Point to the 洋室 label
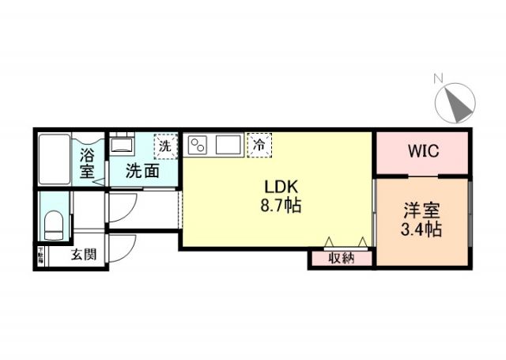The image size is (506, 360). pos(421,212)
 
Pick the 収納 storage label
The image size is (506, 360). pos(341,257)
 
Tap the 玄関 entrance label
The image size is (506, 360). pos(82,255)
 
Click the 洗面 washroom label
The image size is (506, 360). pos(143,170)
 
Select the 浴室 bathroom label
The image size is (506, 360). pos(87,161)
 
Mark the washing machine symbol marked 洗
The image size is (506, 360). pos(164,146)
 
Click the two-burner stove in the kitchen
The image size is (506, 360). pos(198,145)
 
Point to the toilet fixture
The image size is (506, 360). pos(54,225)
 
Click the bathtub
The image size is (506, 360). pos(55,159)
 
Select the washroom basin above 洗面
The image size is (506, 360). pos(121,146)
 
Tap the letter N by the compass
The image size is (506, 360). pos(437,78)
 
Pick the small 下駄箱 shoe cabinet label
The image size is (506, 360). pos(40,256)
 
